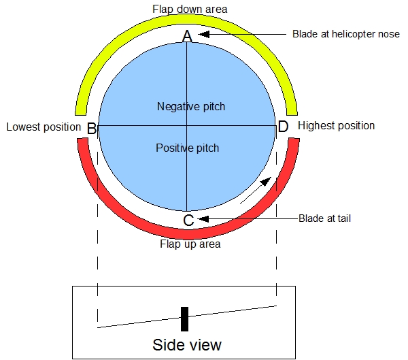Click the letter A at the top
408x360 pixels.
(x=188, y=37)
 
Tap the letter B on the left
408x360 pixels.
(x=92, y=128)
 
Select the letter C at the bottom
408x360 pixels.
(x=189, y=220)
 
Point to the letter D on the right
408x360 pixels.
(x=283, y=127)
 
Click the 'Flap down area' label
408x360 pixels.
(x=189, y=9)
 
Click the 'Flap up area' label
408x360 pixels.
(x=190, y=244)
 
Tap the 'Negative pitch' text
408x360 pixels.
(x=190, y=106)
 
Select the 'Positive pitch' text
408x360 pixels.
(x=188, y=147)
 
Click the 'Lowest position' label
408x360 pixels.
(x=44, y=127)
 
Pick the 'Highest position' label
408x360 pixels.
(x=336, y=126)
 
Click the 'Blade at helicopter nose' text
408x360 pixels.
(x=345, y=34)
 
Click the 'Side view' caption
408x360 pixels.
(x=187, y=344)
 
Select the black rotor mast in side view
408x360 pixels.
(x=184, y=319)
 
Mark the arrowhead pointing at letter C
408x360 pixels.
(x=203, y=218)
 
